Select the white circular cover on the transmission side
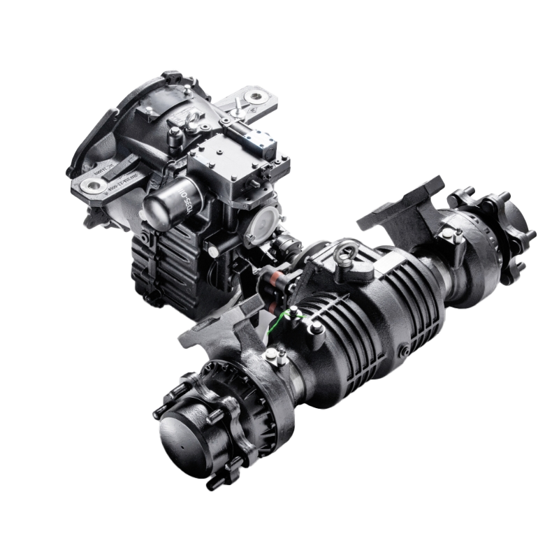tap(264, 222)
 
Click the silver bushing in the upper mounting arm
tap(263, 96)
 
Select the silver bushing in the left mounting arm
tap(92, 186)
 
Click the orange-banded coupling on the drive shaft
tap(271, 282)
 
